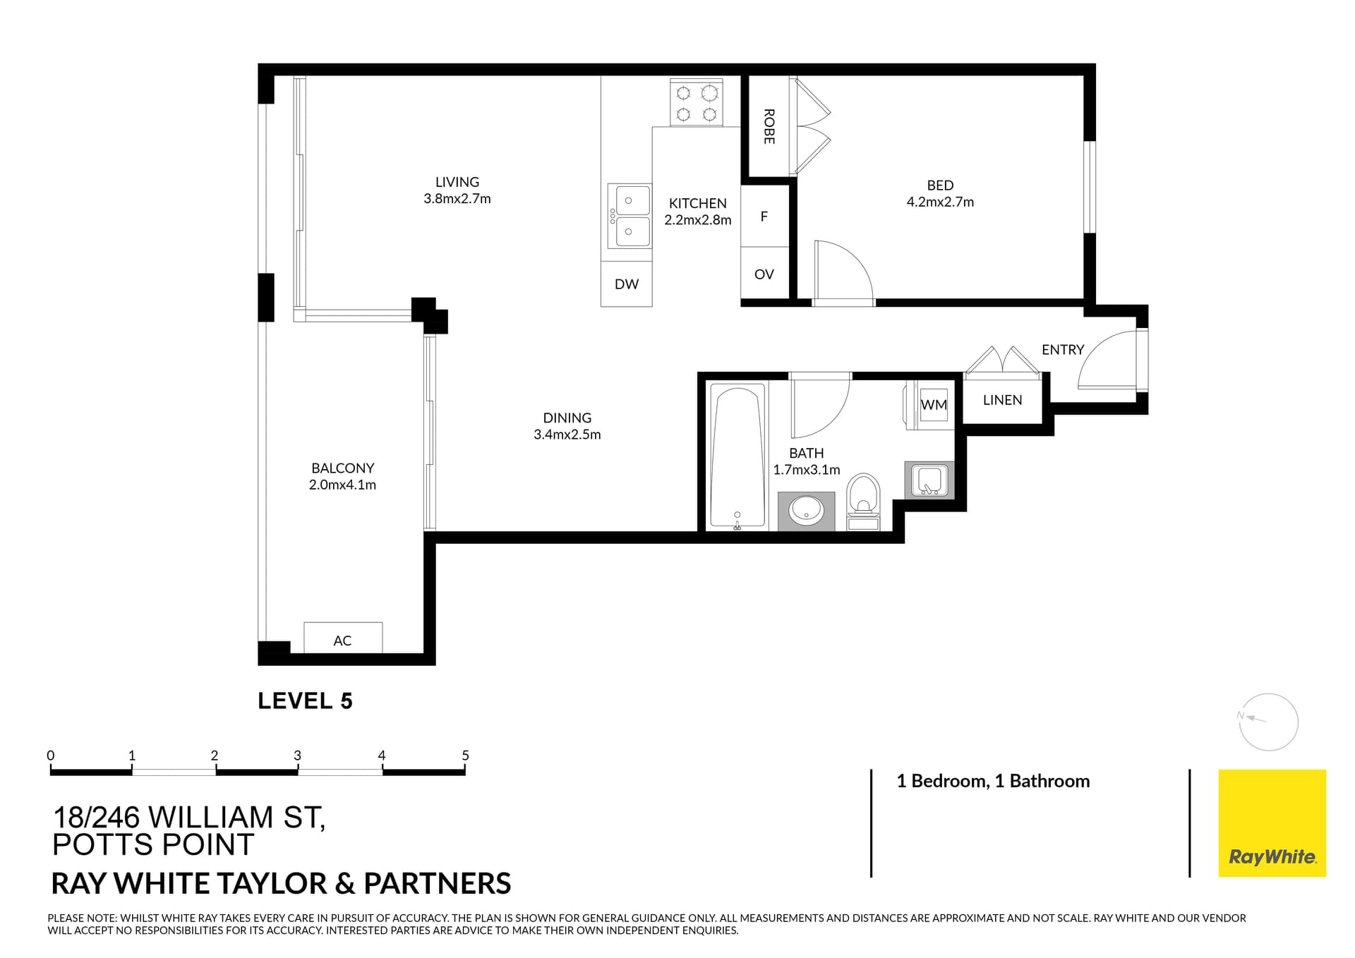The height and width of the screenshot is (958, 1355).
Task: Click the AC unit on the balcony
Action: (x=343, y=638)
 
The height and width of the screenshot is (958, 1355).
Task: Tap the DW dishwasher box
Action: (x=626, y=284)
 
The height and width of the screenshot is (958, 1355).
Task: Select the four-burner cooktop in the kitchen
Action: (x=697, y=103)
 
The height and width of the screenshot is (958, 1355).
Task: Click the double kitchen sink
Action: (x=629, y=216)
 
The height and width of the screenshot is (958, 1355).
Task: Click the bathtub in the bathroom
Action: (x=737, y=456)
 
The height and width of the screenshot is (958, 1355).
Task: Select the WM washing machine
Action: (x=933, y=405)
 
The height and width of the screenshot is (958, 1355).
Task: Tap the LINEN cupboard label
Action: (x=1002, y=400)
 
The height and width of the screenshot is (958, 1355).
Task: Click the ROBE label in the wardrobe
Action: (x=769, y=126)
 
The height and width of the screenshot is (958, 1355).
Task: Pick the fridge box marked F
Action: (x=764, y=217)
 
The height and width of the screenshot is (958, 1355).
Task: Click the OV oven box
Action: (x=764, y=274)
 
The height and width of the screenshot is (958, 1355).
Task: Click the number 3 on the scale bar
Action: (x=297, y=756)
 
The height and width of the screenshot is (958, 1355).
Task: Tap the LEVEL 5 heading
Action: (x=305, y=701)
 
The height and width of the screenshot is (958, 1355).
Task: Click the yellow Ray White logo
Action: (x=1272, y=823)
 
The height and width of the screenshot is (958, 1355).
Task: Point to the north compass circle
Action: (x=1269, y=722)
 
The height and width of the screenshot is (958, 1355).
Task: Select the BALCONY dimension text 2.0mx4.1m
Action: (x=342, y=485)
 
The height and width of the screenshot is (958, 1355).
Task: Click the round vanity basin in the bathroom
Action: (x=806, y=510)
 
